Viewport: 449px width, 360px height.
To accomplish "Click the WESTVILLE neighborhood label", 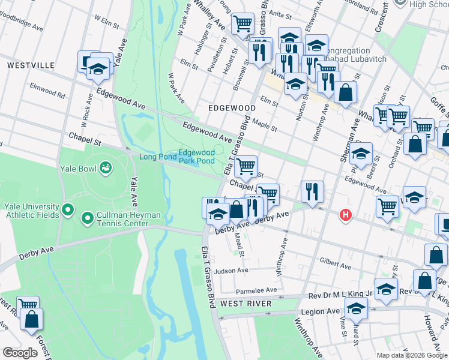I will [31, 65].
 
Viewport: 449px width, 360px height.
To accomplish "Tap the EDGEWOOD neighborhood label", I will [231, 108].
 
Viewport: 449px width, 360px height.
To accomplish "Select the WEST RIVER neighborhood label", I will [246, 304].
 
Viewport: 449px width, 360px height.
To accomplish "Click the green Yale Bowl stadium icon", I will [106, 167].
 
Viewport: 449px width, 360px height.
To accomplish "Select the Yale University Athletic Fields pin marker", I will [67, 211].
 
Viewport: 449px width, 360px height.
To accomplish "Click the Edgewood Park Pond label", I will [196, 157].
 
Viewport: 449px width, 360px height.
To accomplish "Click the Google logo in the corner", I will [20, 353].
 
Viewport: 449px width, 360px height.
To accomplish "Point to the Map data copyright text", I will [411, 355].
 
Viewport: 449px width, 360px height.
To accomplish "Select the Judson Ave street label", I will [235, 271].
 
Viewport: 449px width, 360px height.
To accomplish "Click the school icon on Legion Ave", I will [357, 310].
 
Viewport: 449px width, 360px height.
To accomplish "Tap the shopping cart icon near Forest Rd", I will [28, 305].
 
